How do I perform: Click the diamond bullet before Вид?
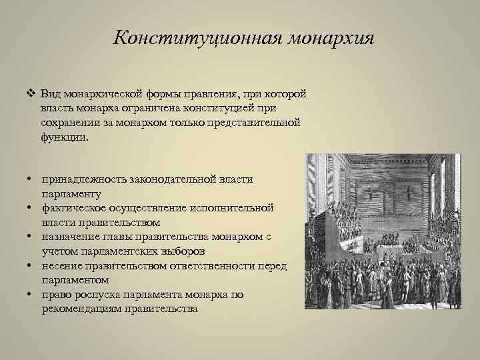[31, 93]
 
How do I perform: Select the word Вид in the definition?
[51, 93]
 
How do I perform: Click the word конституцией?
[219, 108]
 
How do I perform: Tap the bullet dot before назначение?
[31, 237]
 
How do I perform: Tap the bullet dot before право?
[31, 295]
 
